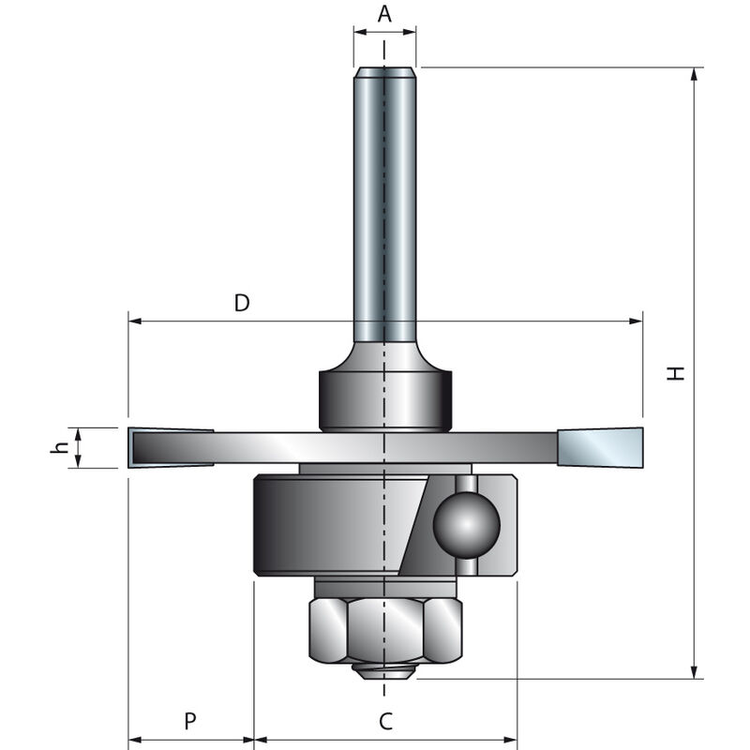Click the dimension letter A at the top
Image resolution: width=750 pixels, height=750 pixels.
384,14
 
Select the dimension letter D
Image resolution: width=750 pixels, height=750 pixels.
242,303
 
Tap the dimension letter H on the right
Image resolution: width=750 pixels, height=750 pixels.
676,372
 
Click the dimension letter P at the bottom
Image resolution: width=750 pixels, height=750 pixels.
189,721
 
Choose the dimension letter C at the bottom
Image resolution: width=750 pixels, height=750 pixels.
385,721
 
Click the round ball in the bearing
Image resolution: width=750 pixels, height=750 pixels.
466,526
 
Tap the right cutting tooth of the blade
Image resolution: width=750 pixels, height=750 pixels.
601,447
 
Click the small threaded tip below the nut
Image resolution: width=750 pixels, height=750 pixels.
384,670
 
